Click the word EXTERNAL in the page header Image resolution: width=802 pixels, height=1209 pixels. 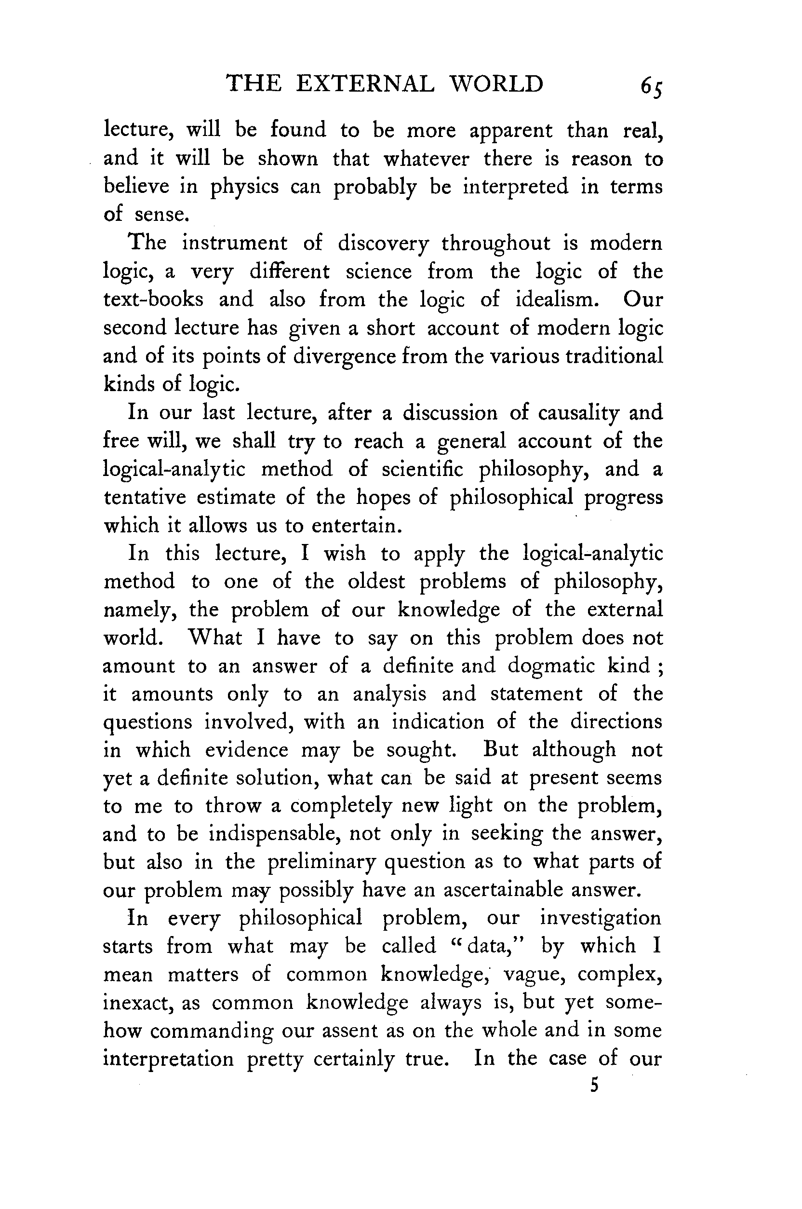[x=365, y=83]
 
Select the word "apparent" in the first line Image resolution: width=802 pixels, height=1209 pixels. [x=511, y=131]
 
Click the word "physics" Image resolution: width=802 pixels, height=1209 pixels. [x=244, y=187]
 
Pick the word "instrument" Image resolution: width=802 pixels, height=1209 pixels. [x=235, y=243]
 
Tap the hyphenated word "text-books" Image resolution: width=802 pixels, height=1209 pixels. [x=153, y=299]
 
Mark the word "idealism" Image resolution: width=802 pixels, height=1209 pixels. [x=557, y=299]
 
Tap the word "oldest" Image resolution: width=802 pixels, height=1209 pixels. [x=376, y=582]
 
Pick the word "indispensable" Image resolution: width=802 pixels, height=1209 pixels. [x=274, y=834]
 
